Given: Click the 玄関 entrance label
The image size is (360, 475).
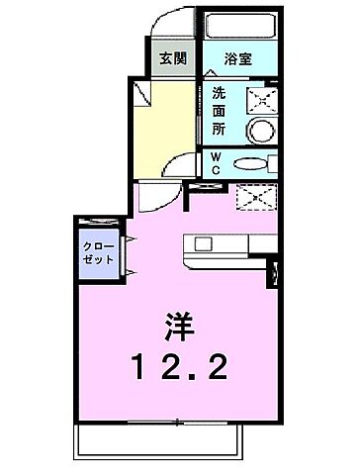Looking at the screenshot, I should (x=173, y=57).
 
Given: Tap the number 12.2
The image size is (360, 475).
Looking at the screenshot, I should (x=180, y=371).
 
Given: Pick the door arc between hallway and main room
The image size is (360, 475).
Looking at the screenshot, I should (x=179, y=168).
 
